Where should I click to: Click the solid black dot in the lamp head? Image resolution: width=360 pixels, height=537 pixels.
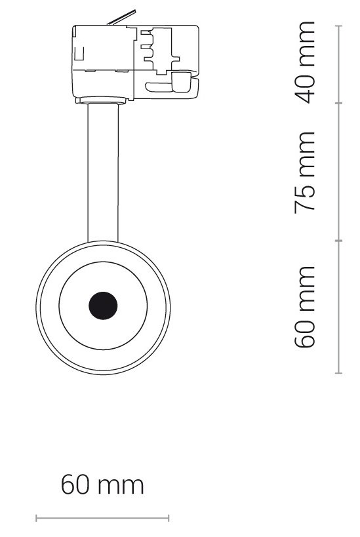tap(103, 306)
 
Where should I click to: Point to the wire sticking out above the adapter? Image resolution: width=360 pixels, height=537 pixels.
tap(121, 18)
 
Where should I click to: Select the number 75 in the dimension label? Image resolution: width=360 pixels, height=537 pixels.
tap(304, 198)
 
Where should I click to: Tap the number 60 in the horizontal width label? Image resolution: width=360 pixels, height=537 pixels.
tap(76, 485)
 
